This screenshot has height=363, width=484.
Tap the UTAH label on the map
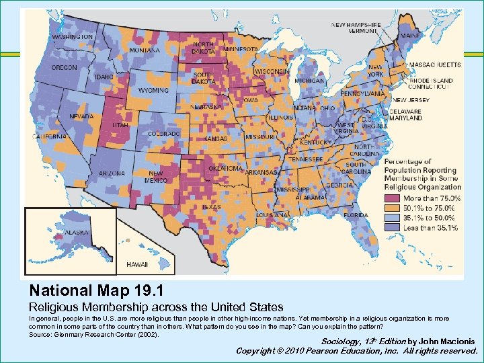tap(120, 125)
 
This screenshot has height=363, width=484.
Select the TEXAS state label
tap(210, 207)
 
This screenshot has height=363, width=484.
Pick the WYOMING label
tap(153, 90)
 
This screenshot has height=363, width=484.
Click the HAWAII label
tap(137, 264)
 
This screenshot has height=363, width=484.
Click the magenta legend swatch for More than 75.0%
tap(392, 199)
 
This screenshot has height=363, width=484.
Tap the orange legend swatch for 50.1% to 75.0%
tap(392, 208)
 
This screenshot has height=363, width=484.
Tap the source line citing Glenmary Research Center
tap(94, 334)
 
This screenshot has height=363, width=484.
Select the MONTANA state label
tap(145, 50)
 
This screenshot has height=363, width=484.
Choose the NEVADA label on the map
tap(81, 116)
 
